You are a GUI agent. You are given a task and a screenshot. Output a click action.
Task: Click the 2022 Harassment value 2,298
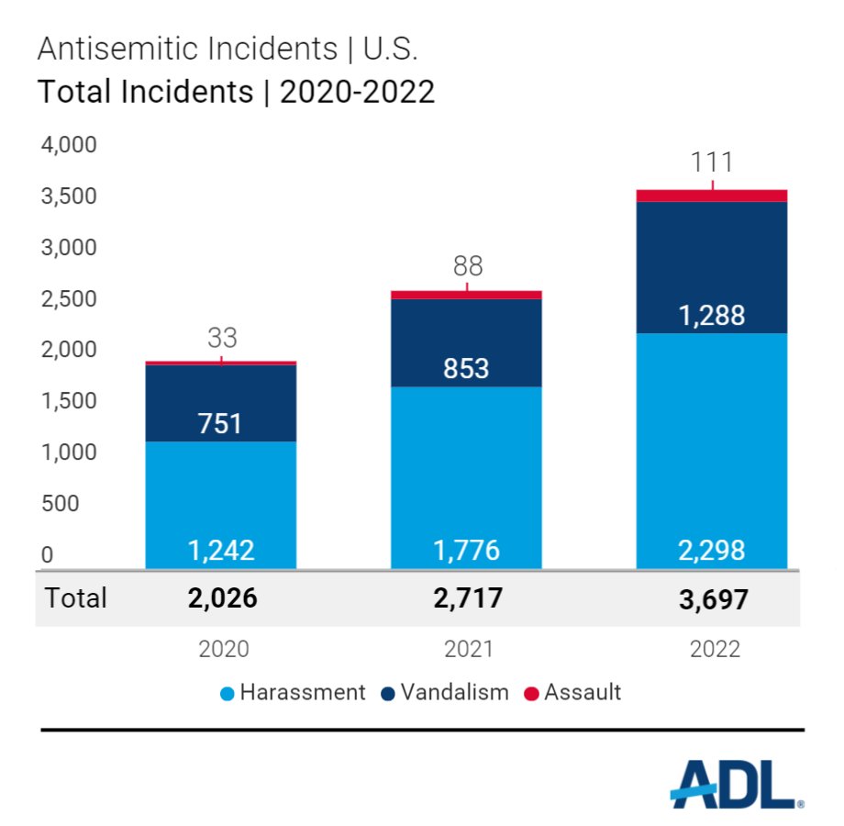712,550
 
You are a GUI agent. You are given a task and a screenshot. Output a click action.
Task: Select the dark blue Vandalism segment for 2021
466,342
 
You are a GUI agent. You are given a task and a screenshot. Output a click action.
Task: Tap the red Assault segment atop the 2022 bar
712,195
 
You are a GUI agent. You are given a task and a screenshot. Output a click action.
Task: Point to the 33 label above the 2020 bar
221,338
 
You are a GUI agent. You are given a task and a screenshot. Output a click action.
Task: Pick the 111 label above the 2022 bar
712,162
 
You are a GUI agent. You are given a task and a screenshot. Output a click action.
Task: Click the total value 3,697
714,599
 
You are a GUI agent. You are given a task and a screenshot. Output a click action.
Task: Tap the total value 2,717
466,599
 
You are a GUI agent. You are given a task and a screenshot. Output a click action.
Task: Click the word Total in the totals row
75,598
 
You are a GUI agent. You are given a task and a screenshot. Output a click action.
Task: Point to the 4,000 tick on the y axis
70,146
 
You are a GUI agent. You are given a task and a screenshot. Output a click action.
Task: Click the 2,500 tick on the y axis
70,299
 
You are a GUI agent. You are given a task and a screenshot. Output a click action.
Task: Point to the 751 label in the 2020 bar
221,423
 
